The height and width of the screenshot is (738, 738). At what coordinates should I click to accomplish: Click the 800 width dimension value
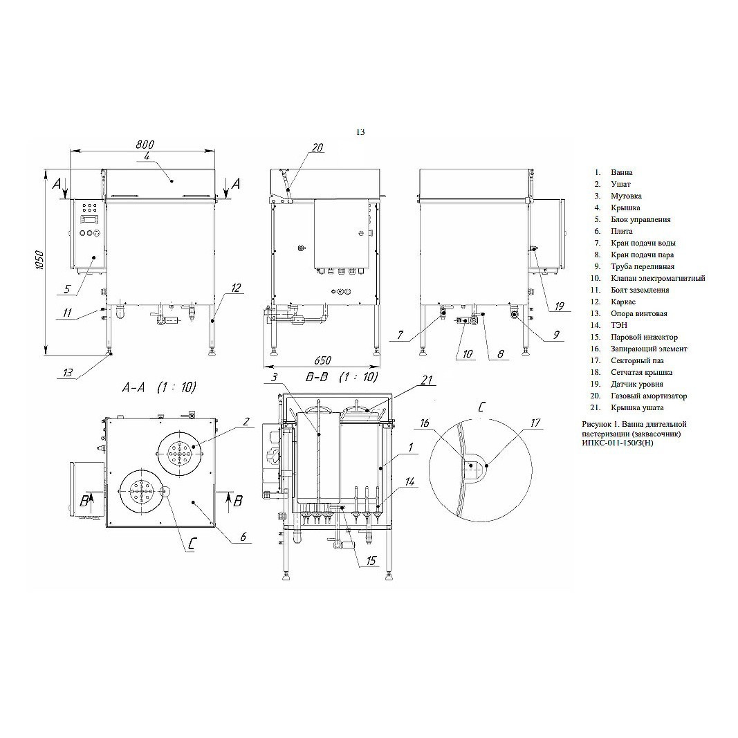pyautogui.click(x=145, y=145)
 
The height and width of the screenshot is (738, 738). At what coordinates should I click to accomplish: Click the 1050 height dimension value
pyautogui.click(x=39, y=260)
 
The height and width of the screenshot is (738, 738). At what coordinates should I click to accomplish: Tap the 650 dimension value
pyautogui.click(x=322, y=360)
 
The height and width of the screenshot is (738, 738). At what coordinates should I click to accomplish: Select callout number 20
pyautogui.click(x=317, y=148)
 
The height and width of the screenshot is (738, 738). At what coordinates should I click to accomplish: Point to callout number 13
pyautogui.click(x=68, y=373)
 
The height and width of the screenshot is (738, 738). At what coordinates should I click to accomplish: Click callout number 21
pyautogui.click(x=427, y=380)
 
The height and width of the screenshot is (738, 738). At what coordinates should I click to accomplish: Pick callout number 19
pyautogui.click(x=559, y=306)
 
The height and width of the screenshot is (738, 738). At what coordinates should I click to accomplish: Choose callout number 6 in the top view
pyautogui.click(x=243, y=537)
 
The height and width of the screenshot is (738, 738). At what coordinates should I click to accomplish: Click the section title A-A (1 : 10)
pyautogui.click(x=159, y=387)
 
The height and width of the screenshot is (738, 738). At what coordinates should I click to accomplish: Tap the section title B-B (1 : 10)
pyautogui.click(x=342, y=377)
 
